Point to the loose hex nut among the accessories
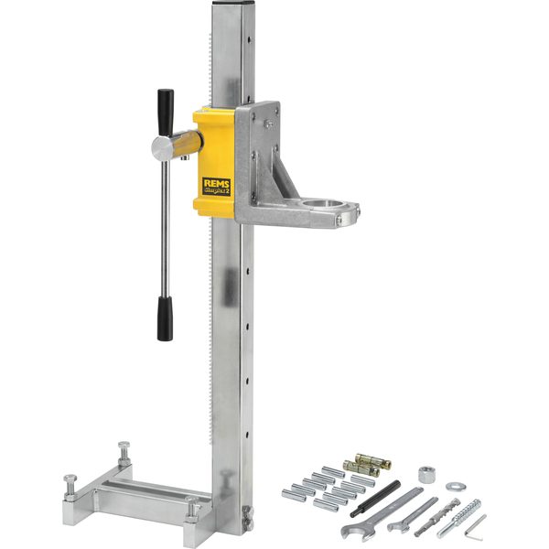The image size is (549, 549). (425, 476)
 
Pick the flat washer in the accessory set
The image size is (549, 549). (455, 487)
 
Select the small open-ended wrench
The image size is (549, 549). (411, 513)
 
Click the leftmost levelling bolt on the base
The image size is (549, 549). (70, 484)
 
